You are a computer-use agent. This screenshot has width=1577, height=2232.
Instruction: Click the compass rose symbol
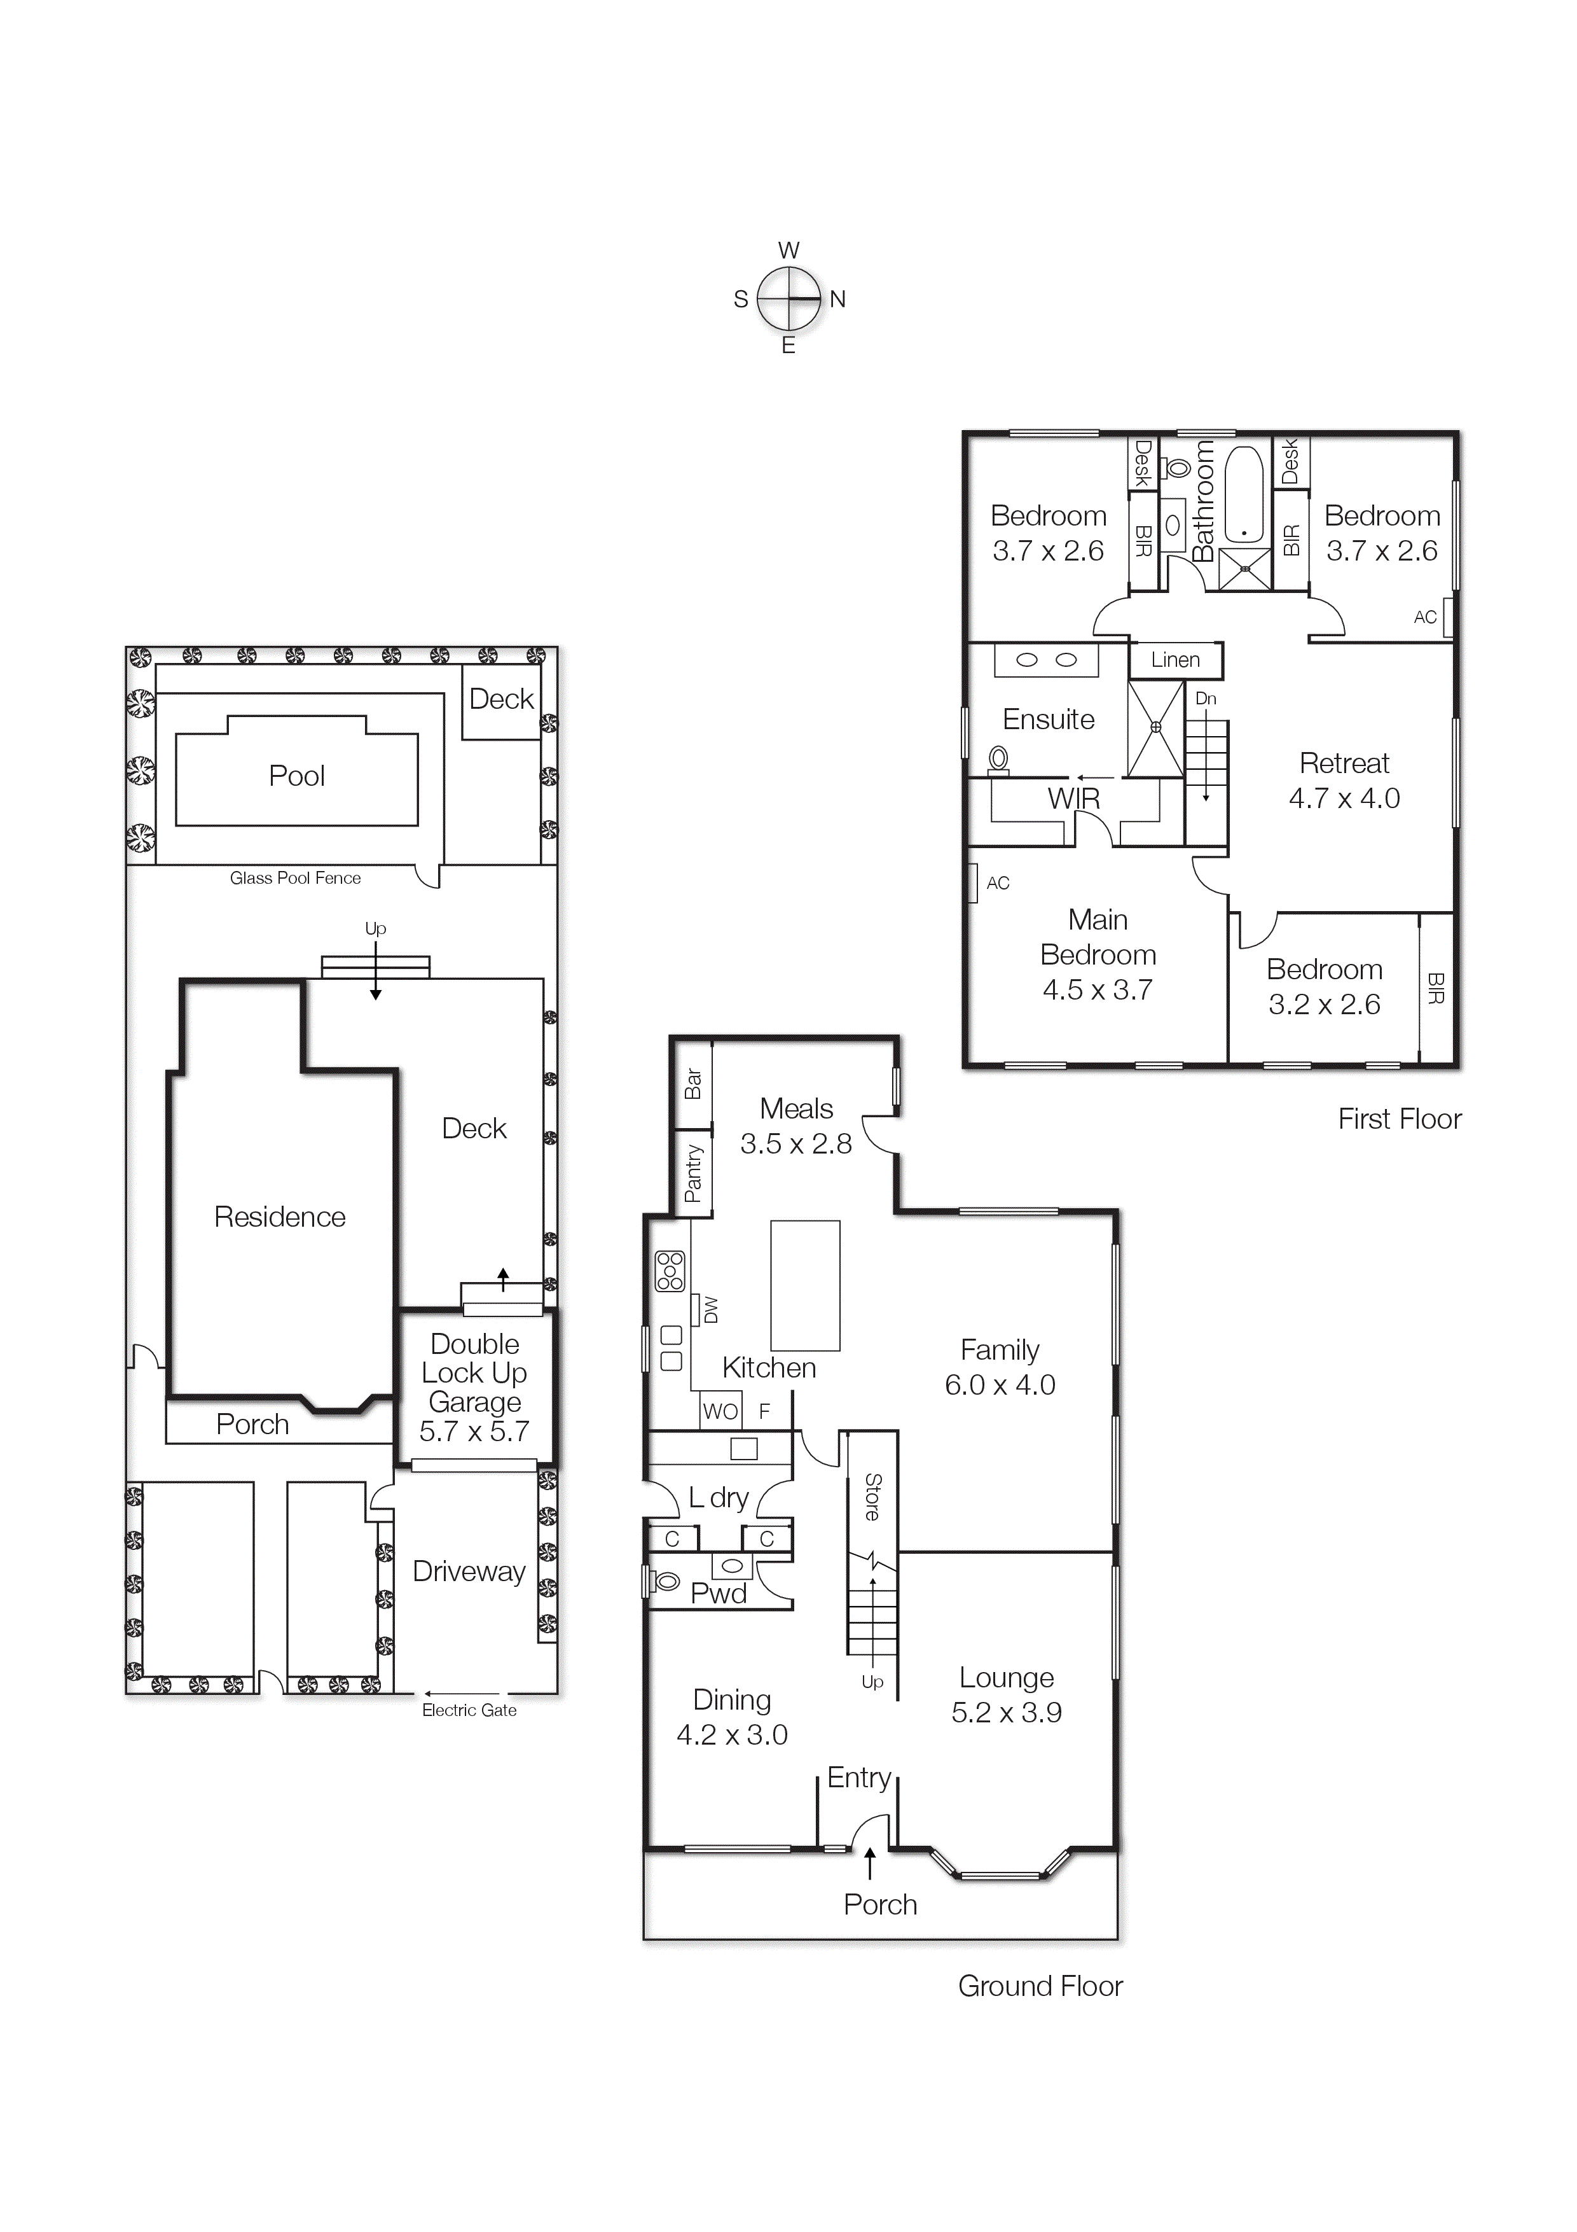coord(789,298)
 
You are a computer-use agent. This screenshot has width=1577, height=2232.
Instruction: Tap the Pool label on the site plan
coord(296,776)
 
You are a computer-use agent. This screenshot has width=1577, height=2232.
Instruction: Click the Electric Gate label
coord(469,1710)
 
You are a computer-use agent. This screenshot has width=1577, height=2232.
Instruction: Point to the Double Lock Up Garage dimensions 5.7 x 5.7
coord(474,1431)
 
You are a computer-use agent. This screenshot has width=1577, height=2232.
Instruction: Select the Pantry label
coord(692,1173)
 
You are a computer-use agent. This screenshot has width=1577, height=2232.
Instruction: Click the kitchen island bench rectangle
coord(804,1285)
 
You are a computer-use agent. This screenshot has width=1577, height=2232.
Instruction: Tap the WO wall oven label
coord(720,1411)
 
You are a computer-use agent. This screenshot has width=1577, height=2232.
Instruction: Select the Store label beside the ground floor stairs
coord(872,1497)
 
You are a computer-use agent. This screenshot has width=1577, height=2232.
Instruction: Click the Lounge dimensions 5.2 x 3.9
coord(1006,1712)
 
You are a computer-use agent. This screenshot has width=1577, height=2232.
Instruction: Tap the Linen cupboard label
coord(1174,660)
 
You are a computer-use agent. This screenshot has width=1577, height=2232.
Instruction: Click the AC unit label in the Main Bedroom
coord(998,882)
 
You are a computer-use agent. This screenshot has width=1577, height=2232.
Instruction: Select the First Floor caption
coord(1398,1119)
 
